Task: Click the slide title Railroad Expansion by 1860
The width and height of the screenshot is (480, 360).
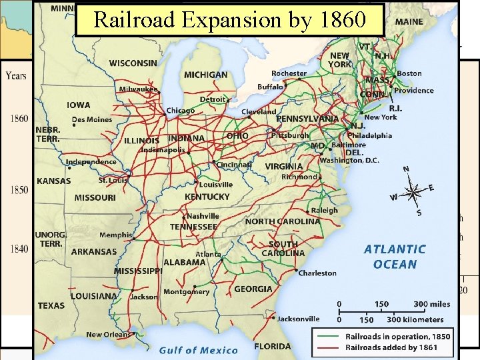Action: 230,19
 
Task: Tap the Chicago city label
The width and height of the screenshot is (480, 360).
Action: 181,111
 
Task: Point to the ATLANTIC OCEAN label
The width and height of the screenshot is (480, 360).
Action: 395,257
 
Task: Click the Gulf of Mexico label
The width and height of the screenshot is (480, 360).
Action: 198,350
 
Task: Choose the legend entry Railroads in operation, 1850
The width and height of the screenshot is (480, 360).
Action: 397,337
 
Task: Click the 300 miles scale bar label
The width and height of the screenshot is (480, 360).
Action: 431,304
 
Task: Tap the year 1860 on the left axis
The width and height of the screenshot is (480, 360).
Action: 19,119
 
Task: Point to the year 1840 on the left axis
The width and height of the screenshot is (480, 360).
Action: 19,249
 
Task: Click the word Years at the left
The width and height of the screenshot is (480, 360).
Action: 17,75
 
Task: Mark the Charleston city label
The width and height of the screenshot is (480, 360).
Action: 317,273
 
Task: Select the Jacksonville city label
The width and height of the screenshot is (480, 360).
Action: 298,319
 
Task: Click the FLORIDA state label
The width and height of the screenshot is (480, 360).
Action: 272,346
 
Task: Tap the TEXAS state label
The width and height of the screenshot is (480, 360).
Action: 51,305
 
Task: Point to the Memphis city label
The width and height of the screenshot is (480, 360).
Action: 116,235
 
